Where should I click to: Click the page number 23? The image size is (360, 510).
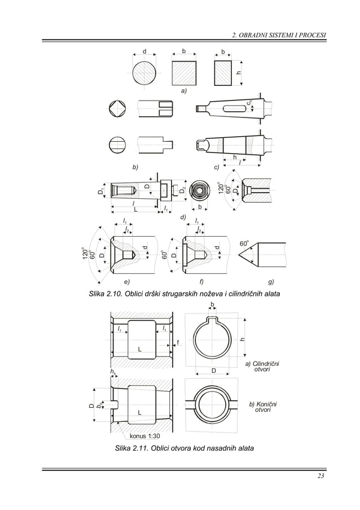321,478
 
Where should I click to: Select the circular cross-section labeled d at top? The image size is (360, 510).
146,73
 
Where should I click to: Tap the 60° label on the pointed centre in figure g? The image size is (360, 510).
244,243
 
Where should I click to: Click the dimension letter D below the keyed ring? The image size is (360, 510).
214,370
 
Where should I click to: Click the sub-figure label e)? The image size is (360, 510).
126,281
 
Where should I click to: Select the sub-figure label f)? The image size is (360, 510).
201,281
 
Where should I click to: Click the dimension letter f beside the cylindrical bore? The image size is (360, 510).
178,342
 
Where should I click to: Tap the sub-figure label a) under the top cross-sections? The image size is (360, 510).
184,90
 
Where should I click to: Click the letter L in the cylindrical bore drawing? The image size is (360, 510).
139,350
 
